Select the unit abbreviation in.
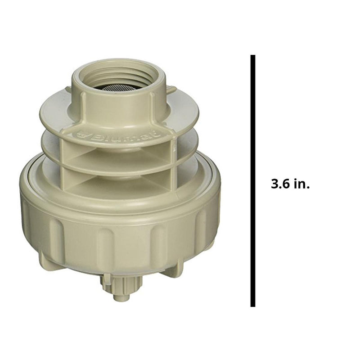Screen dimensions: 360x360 point(302,184)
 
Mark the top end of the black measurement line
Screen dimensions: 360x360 point(253,57)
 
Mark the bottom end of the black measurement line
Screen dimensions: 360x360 point(253,306)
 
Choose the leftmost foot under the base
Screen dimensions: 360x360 point(45,261)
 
